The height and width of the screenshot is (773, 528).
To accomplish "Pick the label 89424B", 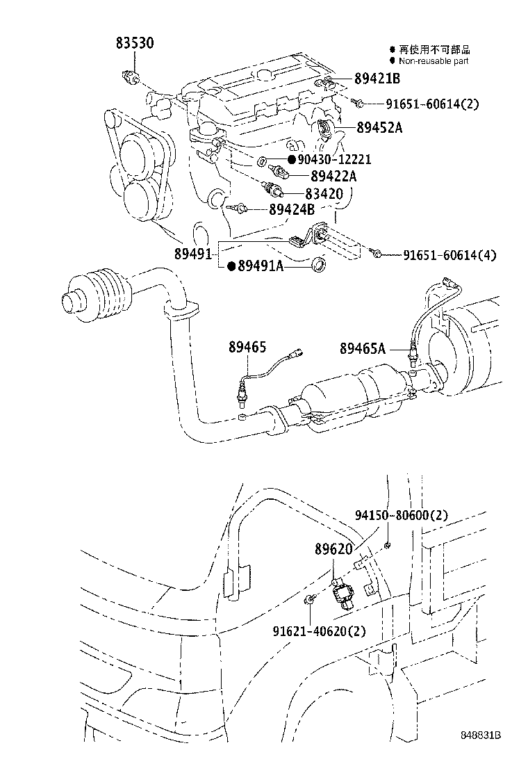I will tap(292, 209).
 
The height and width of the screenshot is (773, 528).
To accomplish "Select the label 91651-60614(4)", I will tap(449, 255).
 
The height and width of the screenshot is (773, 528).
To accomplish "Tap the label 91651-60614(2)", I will tap(432, 104).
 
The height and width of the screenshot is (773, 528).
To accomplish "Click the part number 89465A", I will tap(362, 348).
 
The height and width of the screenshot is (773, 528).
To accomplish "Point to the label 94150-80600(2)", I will tap(401, 515).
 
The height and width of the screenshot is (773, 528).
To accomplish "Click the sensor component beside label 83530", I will tap(129, 76).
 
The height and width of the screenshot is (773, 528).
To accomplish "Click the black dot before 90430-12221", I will tap(282, 160).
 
